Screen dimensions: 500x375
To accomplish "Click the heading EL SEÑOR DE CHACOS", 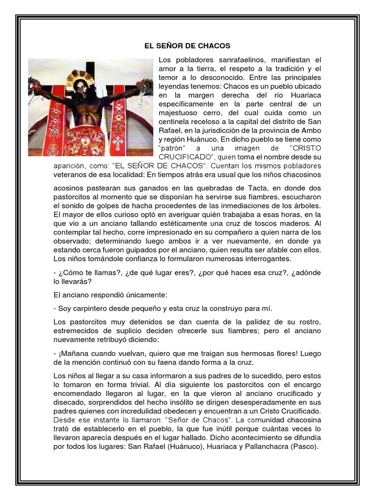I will click(x=187, y=46).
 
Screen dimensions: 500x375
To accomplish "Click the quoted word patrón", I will click(x=173, y=148).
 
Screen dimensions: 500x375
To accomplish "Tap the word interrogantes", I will click(x=268, y=258).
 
